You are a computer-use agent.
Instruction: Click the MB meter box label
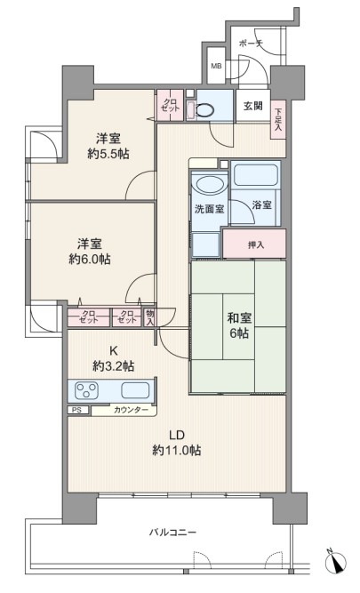point(216,66)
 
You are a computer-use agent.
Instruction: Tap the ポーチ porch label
point(251,44)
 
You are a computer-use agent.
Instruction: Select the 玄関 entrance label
point(253,106)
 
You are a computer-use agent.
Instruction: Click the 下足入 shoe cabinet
point(278,119)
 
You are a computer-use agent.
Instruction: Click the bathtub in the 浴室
point(256,174)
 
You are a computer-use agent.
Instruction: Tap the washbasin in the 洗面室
point(210,186)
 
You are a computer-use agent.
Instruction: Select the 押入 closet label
point(256,244)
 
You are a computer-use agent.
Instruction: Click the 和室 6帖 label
point(238,325)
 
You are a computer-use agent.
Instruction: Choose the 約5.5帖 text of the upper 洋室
point(108,154)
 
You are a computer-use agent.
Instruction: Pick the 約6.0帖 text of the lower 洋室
point(90,259)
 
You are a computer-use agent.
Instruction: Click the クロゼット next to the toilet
point(170,105)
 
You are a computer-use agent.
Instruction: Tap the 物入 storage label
point(149,317)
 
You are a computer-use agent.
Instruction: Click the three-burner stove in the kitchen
point(87,390)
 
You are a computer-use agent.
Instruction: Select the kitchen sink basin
point(135,390)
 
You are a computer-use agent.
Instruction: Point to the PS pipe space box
point(78,410)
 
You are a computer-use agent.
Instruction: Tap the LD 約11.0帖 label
point(177,443)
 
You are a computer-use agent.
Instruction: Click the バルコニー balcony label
point(172,533)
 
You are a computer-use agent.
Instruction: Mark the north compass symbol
point(335,560)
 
